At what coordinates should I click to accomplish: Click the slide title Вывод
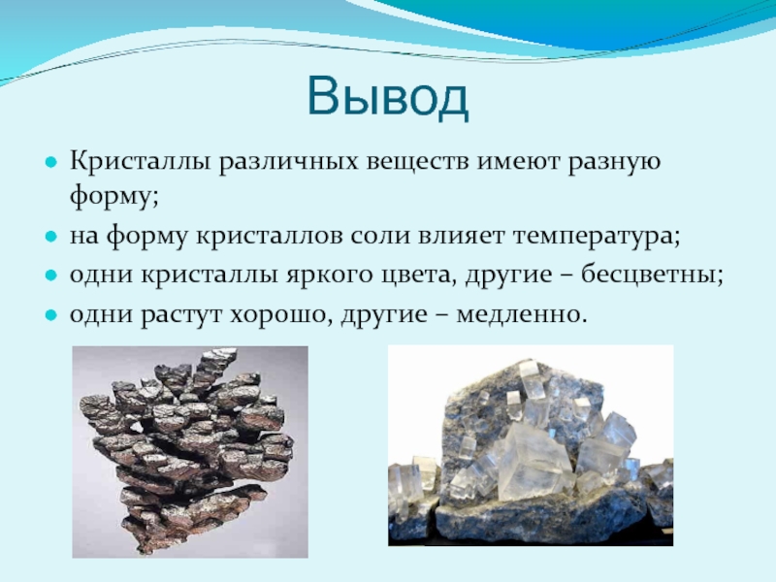tap(387, 98)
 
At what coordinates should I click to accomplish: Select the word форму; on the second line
tap(113, 197)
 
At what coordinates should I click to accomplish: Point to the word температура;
tap(597, 237)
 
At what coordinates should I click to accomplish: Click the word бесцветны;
tap(652, 275)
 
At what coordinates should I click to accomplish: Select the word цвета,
tap(419, 275)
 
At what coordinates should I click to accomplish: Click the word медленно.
tap(522, 313)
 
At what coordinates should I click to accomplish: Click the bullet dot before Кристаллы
tap(51, 162)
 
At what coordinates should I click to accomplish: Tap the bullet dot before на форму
tap(51, 237)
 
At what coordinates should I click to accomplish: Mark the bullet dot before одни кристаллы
tap(51, 275)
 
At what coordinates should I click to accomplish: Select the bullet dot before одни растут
tap(51, 314)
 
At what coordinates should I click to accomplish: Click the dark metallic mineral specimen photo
tap(190, 452)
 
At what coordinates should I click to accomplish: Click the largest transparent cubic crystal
tap(535, 462)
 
